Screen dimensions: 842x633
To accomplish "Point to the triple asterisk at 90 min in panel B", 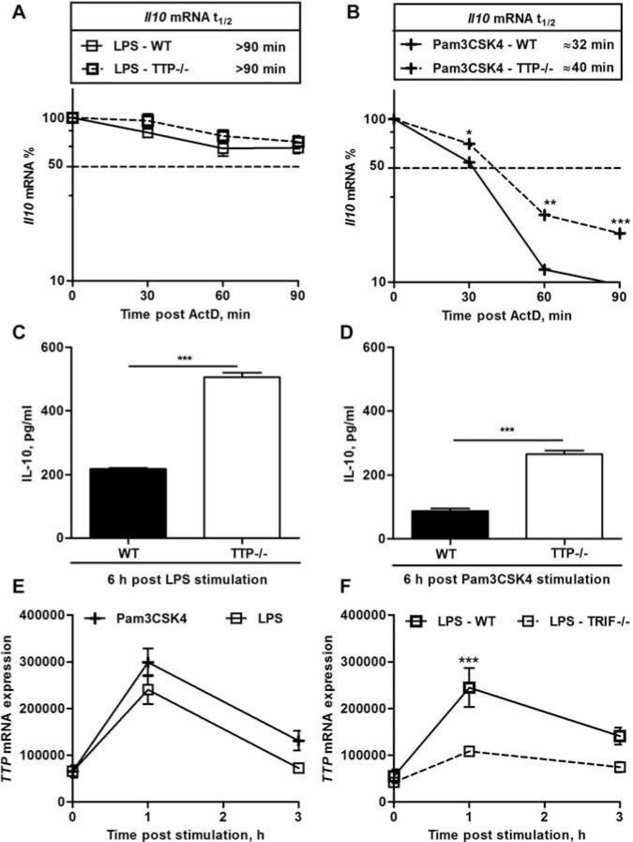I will (620, 222).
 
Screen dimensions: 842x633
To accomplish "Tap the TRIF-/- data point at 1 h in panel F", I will (469, 752).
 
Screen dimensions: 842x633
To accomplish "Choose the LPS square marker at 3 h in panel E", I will (298, 768).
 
